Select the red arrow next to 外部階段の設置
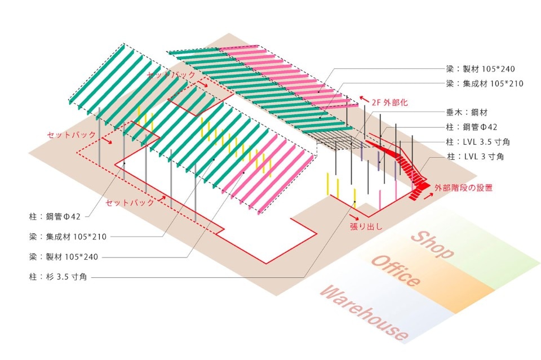tap(430, 185)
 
